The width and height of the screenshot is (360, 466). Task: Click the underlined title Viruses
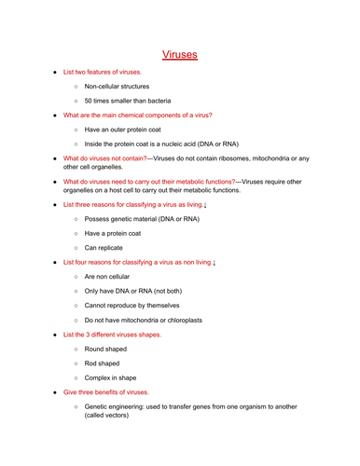pos(180,55)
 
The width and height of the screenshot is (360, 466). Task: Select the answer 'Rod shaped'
pos(102,363)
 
